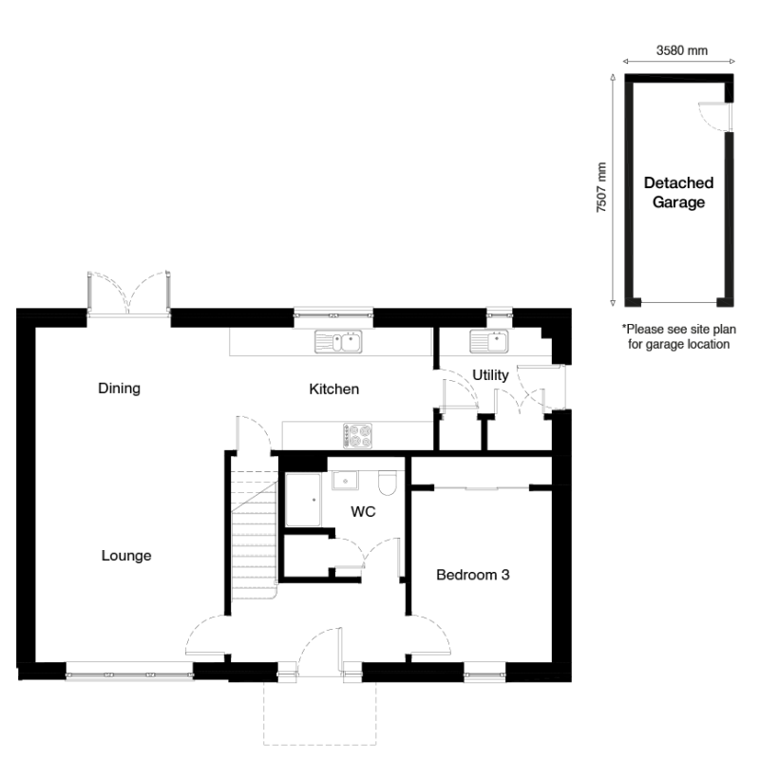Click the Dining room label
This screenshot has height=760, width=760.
[120, 389]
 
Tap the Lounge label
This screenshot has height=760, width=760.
[126, 556]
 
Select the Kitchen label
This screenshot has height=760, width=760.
[334, 389]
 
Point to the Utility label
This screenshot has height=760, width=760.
[490, 375]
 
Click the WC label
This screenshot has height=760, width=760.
[363, 512]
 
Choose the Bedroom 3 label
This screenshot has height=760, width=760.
[473, 575]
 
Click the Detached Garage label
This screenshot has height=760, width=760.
[678, 193]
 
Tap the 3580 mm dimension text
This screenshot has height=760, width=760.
[682, 50]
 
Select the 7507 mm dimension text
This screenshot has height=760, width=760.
[601, 187]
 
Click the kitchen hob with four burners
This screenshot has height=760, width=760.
[358, 435]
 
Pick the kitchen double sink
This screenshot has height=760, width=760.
[338, 342]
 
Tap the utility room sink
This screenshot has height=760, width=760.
[489, 342]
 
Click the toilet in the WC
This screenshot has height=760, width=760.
[388, 483]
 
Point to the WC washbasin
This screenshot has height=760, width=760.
[345, 481]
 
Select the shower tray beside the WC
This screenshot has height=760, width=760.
[303, 500]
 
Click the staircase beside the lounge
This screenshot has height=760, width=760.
[254, 535]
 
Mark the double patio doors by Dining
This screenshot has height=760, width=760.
[129, 294]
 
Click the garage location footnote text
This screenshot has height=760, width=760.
[679, 337]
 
